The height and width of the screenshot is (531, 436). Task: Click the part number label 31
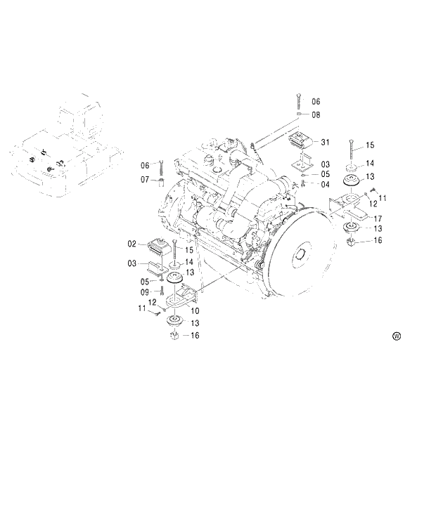coord(326,143)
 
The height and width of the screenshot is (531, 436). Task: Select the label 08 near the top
coord(316,114)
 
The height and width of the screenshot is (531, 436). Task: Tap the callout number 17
coord(377,218)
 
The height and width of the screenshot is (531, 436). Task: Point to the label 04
coord(326,184)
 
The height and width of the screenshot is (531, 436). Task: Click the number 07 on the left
coord(145,180)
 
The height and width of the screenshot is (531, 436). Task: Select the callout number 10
coord(195,310)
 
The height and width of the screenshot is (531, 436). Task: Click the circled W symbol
coord(397,336)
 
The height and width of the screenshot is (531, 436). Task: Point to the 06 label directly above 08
coord(316,102)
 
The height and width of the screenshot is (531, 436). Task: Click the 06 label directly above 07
coord(145,165)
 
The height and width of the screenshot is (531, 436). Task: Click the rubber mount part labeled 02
coord(157,248)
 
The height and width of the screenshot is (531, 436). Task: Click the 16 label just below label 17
coord(377,241)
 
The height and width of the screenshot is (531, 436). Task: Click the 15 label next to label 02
coord(188,249)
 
